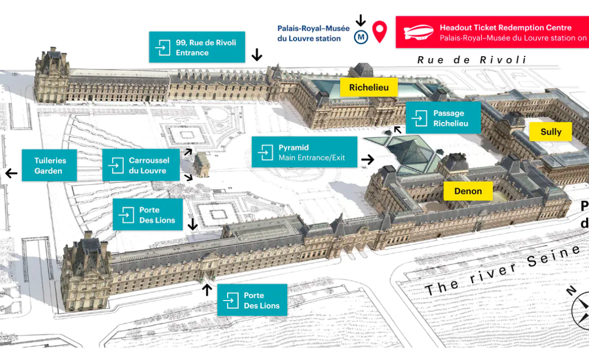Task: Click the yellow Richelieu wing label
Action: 368,88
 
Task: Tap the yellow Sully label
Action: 550,131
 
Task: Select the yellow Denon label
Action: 468,191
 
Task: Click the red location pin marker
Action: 380,32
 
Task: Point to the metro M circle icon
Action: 361,36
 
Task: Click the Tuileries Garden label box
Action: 49,165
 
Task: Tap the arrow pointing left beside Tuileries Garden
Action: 11,174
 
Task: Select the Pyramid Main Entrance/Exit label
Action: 304,152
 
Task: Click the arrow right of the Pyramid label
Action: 367,160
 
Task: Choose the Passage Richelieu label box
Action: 443,118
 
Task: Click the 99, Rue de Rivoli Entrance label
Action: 197,48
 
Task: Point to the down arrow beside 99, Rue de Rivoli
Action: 256,54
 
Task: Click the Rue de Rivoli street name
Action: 471,60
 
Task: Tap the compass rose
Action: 581,310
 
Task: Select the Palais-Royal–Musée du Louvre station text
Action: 313,33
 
